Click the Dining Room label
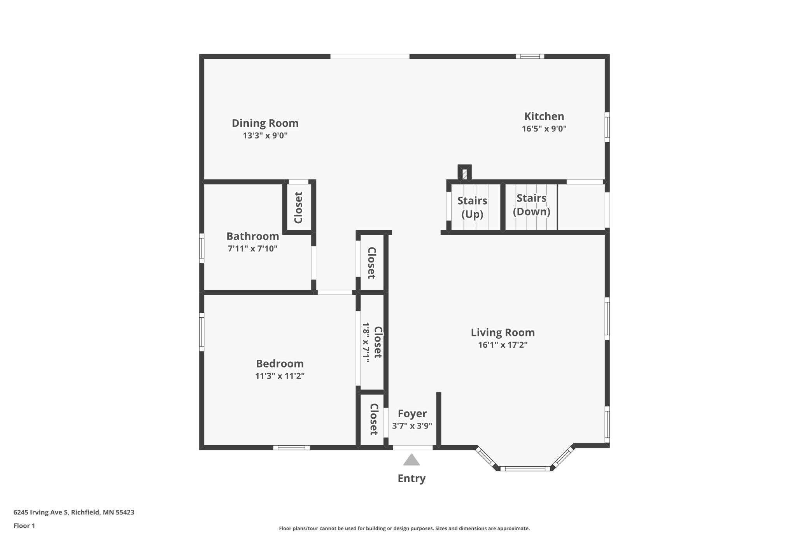coord(265,123)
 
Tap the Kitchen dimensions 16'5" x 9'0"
coord(544,129)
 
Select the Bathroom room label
coord(253,236)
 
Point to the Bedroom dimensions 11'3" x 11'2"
coord(280,376)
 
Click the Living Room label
coord(503,333)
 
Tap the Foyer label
coord(412,414)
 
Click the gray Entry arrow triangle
coord(412,460)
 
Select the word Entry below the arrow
coord(412,479)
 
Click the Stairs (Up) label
coord(472,208)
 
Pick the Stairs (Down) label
coord(532,205)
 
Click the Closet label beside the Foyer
coord(374,419)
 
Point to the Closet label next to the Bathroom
coord(298,208)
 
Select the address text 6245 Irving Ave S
coord(41,513)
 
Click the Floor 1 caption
coord(24,526)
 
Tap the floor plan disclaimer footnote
coord(404,528)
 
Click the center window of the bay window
coord(525,469)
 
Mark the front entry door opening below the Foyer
coord(413,448)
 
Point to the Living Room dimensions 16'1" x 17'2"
coord(503,345)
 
